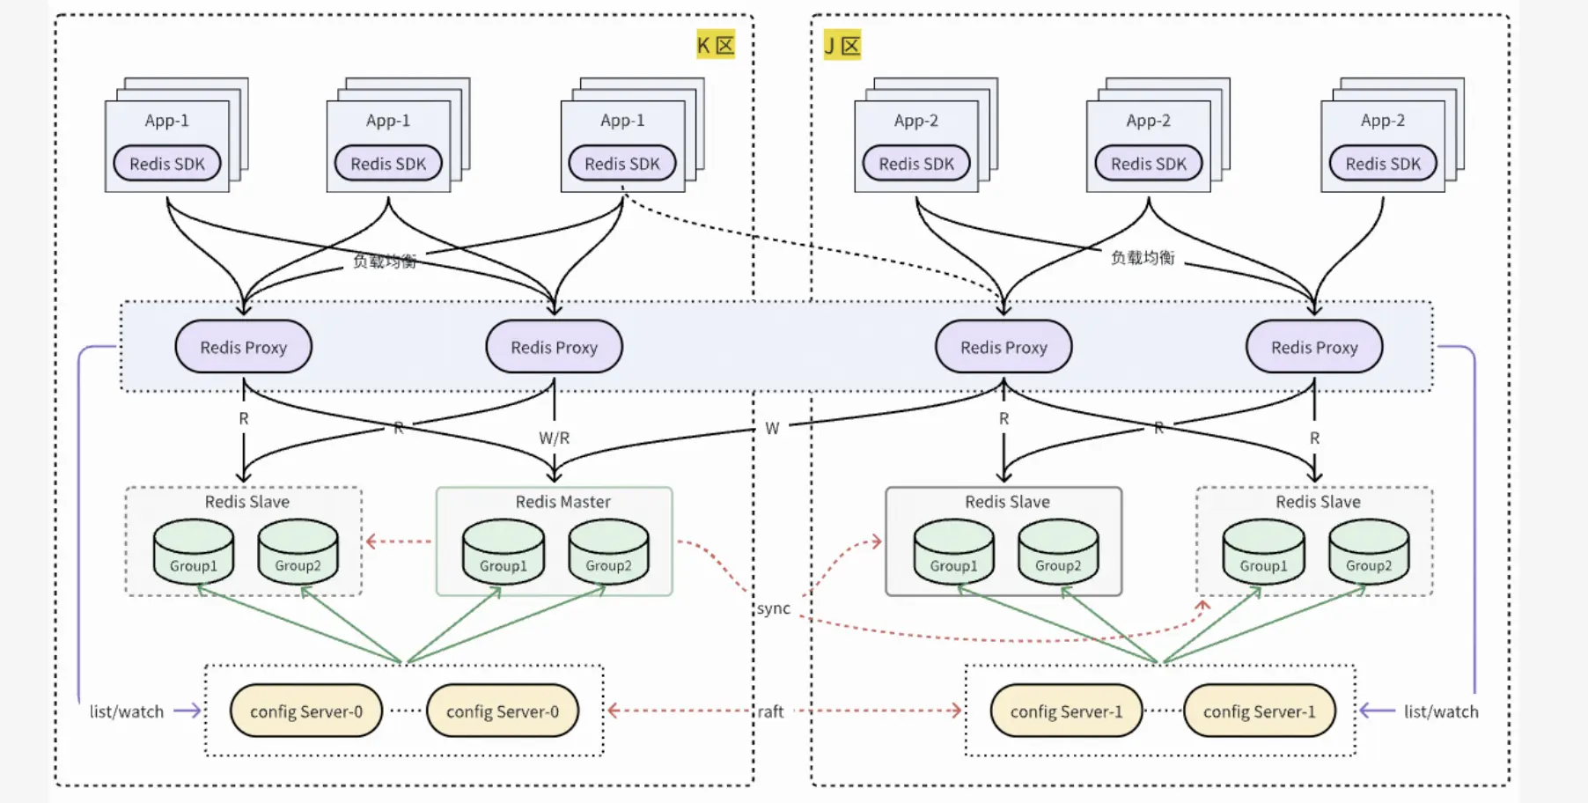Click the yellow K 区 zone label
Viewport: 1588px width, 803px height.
715,45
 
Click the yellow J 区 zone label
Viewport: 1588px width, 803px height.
842,45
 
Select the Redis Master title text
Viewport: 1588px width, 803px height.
562,502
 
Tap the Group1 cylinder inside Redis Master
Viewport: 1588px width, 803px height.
504,552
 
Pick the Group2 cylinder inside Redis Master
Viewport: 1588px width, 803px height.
608,552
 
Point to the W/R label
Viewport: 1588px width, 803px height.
554,438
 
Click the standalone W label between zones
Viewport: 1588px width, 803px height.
772,429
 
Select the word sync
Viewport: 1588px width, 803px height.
774,608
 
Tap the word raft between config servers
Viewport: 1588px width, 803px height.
770,711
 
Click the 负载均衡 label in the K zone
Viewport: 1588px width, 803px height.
385,261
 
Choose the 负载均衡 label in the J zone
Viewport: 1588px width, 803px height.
1143,257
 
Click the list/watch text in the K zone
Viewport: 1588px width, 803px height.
127,711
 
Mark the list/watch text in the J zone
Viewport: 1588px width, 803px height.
1441,711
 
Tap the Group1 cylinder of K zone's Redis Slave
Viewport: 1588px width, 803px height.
194,552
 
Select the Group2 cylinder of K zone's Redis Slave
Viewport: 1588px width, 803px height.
298,552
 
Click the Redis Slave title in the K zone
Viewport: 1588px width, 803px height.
246,502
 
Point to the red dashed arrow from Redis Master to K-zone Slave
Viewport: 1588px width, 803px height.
399,541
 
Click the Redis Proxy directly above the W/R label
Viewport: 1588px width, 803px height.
554,347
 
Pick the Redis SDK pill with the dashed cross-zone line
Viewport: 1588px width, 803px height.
622,164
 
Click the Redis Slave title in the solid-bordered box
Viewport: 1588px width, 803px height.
1007,502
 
